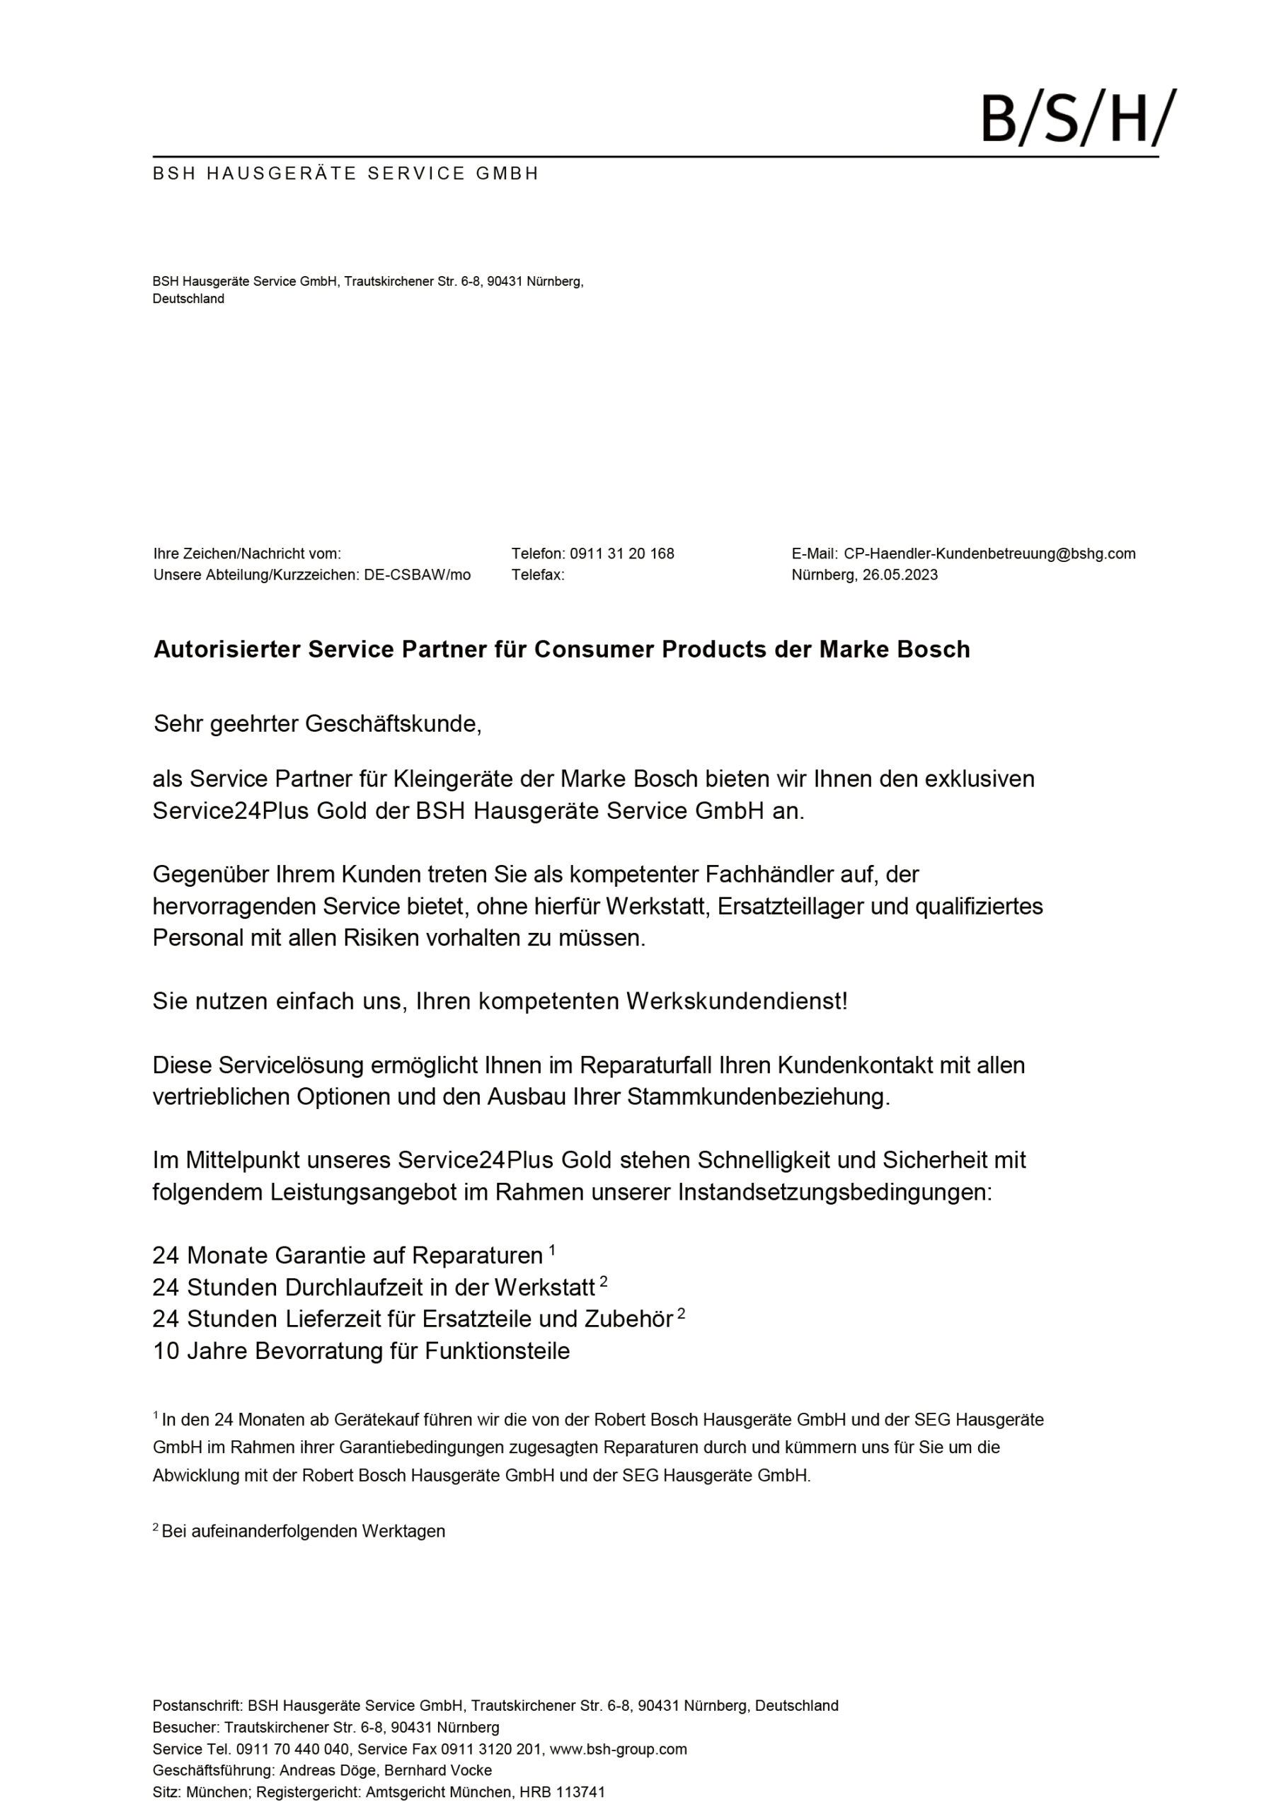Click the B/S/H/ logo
(1077, 118)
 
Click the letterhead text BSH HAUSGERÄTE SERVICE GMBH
(345, 173)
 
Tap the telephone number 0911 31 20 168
(622, 554)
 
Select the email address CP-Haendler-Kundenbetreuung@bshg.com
(989, 554)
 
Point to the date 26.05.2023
(900, 575)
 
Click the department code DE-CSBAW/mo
(418, 575)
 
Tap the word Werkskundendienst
(736, 1002)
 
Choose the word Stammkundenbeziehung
(758, 1097)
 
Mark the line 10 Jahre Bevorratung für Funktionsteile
(361, 1351)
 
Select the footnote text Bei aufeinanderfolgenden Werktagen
(303, 1531)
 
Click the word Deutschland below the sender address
(189, 298)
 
